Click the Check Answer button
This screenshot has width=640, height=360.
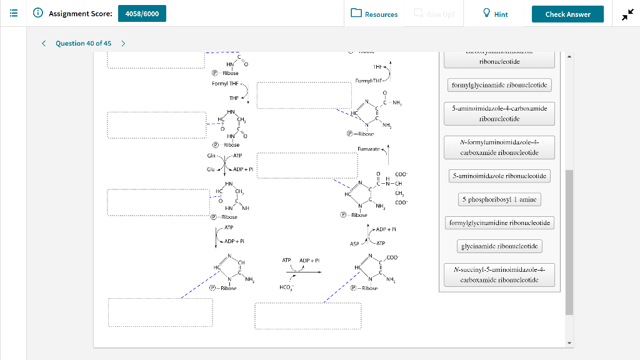[x=567, y=14]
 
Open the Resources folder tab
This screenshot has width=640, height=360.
[x=374, y=14]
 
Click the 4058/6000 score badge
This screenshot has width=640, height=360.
[x=142, y=14]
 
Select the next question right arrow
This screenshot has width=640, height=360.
[x=123, y=43]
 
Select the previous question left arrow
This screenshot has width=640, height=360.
[x=44, y=43]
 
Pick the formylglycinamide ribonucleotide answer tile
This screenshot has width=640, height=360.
[x=499, y=85]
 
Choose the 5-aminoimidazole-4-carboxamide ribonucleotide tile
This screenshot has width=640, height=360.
[x=499, y=113]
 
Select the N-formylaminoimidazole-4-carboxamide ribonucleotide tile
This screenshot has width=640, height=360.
[x=499, y=147]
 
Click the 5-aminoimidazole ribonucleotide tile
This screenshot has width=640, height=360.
[x=499, y=176]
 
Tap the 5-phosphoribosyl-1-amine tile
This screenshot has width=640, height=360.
[x=499, y=199]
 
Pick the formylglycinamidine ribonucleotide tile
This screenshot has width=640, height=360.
[x=499, y=222]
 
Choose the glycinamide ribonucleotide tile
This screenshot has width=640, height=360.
[x=499, y=246]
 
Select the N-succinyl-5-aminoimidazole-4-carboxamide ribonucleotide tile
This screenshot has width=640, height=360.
[x=499, y=275]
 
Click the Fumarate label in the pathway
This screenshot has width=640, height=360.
[x=368, y=149]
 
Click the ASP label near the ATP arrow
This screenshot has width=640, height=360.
[x=354, y=244]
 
